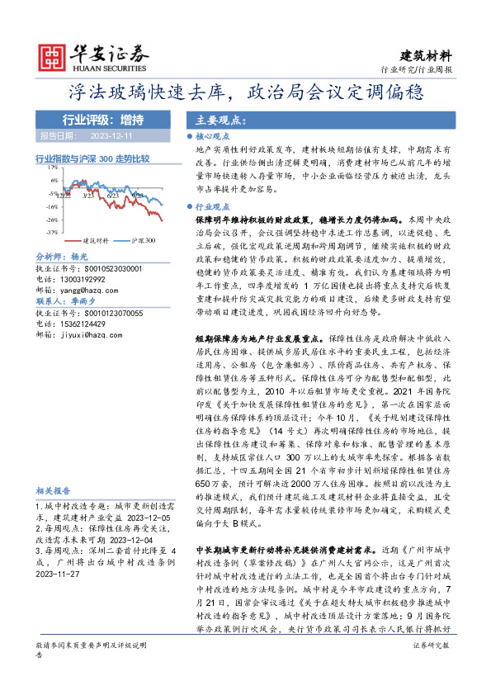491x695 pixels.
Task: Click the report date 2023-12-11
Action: pyautogui.click(x=110, y=135)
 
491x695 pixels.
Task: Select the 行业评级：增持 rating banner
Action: pyautogui.click(x=97, y=119)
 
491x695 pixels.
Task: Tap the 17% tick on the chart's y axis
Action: pyautogui.click(x=53, y=168)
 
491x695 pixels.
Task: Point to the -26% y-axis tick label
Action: pyautogui.click(x=52, y=220)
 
